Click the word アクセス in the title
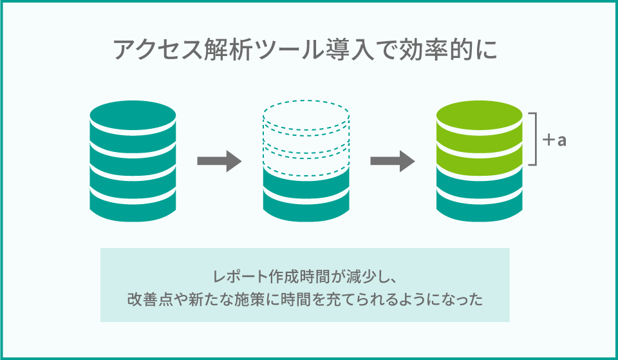[151, 51]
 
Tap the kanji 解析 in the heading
[227, 51]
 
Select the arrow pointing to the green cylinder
[392, 160]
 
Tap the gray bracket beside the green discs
[534, 139]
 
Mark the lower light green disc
[480, 151]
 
